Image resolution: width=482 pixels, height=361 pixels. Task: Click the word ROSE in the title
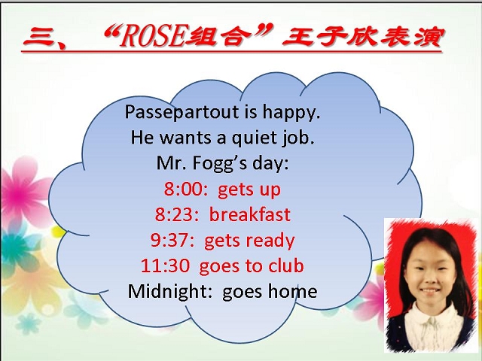click(152, 37)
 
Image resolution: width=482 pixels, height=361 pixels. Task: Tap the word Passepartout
click(182, 112)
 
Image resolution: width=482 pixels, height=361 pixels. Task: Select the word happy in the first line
click(291, 112)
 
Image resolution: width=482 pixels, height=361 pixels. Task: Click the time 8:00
click(186, 189)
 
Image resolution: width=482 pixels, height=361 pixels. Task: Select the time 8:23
click(177, 214)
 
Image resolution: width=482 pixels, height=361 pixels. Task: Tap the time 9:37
click(172, 240)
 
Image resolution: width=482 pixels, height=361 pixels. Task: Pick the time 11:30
click(166, 265)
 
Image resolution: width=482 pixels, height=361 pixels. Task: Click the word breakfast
click(249, 214)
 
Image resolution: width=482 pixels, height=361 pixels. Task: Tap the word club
click(286, 265)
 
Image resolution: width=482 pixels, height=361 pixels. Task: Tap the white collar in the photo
click(432, 325)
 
